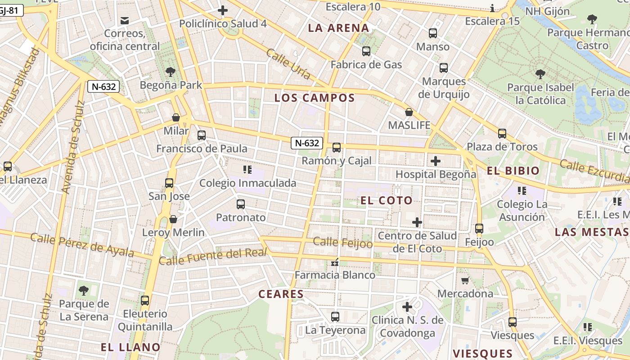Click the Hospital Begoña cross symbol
pyautogui.click(x=436, y=161)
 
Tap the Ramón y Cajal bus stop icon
pyautogui.click(x=337, y=148)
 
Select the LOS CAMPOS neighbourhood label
pyautogui.click(x=315, y=98)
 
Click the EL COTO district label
pyautogui.click(x=387, y=201)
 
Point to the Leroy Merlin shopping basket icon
pyautogui.click(x=173, y=220)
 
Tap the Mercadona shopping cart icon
pyautogui.click(x=465, y=281)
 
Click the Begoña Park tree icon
pyautogui.click(x=170, y=72)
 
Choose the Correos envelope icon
pyautogui.click(x=125, y=20)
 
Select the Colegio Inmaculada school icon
pyautogui.click(x=247, y=170)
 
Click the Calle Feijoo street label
pyautogui.click(x=343, y=243)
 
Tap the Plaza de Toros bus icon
pyautogui.click(x=502, y=134)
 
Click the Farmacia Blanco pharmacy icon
pyautogui.click(x=334, y=262)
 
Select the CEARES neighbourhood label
pyautogui.click(x=281, y=294)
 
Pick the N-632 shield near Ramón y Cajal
pyautogui.click(x=307, y=143)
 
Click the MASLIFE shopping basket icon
pyautogui.click(x=409, y=112)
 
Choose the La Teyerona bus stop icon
pyautogui.click(x=335, y=317)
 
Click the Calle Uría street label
pyautogui.click(x=288, y=63)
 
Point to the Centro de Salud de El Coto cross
pyautogui.click(x=417, y=222)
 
